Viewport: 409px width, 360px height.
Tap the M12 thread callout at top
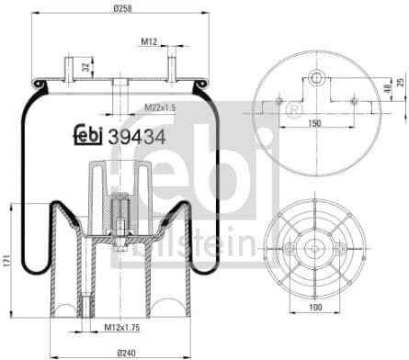coord(149,41)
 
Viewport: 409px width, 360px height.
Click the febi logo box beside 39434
coord(89,133)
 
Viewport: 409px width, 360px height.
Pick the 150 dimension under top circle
coord(315,121)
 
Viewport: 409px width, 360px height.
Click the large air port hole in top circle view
coord(315,79)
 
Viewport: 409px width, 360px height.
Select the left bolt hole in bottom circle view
coord(289,249)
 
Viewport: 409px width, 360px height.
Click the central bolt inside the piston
coord(119,220)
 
